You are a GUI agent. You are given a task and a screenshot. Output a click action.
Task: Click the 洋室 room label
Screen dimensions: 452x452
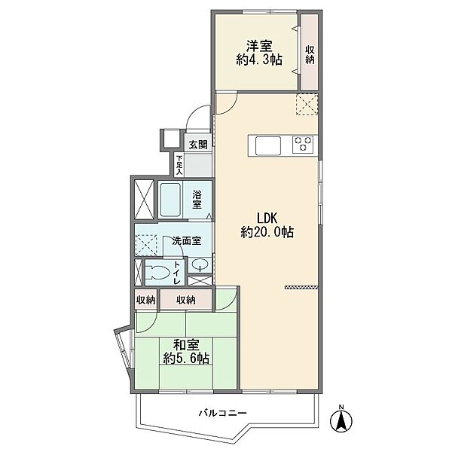pyautogui.click(x=259, y=46)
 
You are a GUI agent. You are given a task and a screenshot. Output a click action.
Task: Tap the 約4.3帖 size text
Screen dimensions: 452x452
pyautogui.click(x=259, y=60)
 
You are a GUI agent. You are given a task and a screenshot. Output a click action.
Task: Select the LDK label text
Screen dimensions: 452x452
pyautogui.click(x=267, y=218)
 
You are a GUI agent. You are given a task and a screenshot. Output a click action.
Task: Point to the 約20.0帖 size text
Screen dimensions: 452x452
pyautogui.click(x=267, y=232)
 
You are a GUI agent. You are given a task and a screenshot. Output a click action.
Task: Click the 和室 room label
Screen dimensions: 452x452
pyautogui.click(x=186, y=345)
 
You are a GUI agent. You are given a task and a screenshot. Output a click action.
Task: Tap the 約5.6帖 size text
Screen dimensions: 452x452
pyautogui.click(x=186, y=359)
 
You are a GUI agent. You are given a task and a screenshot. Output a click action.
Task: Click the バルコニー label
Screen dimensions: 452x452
pyautogui.click(x=223, y=414)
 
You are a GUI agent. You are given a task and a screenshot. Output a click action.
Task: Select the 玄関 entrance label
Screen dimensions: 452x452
pyautogui.click(x=198, y=145)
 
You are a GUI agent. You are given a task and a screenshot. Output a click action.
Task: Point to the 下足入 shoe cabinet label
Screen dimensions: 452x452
pyautogui.click(x=179, y=166)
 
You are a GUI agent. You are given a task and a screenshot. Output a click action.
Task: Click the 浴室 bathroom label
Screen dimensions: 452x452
pyautogui.click(x=197, y=200)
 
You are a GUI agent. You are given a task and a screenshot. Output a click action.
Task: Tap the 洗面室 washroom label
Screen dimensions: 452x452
pyautogui.click(x=187, y=241)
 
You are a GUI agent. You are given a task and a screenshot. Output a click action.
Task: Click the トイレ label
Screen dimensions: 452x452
pyautogui.click(x=176, y=273)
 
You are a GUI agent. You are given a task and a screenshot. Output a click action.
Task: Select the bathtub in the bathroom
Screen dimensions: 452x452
pyautogui.click(x=170, y=200)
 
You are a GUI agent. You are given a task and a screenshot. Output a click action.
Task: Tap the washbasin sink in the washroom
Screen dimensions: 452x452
pyautogui.click(x=199, y=264)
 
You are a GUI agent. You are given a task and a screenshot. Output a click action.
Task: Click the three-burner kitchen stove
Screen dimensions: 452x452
pyautogui.click(x=304, y=144)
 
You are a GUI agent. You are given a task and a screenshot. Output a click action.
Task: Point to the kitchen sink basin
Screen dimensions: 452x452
pyautogui.click(x=268, y=146)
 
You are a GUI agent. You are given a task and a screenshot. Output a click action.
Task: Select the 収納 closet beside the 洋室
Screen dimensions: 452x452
pyautogui.click(x=310, y=52)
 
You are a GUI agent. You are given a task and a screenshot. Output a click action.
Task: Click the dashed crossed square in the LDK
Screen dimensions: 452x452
pyautogui.click(x=307, y=105)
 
